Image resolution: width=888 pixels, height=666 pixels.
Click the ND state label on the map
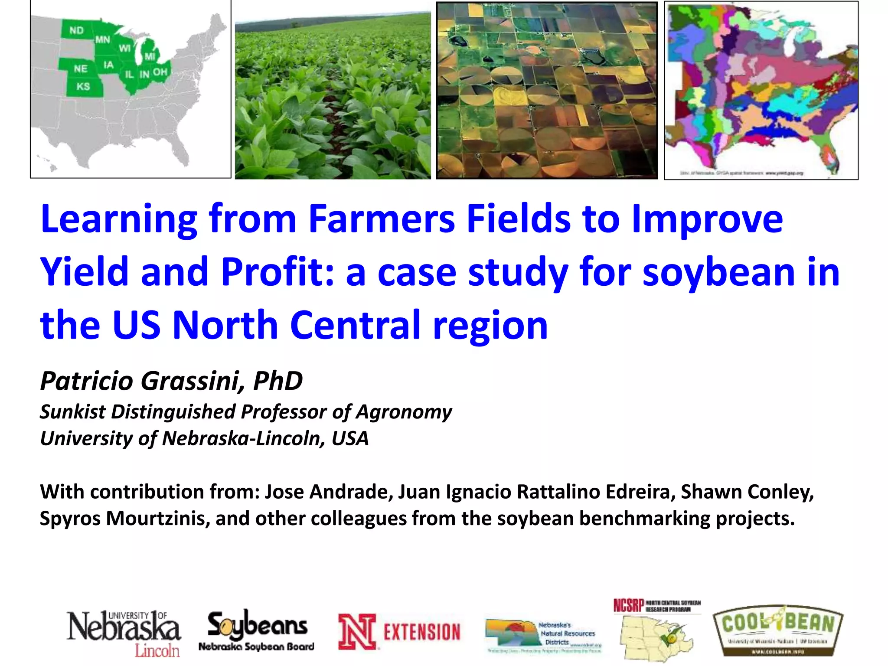coord(76,31)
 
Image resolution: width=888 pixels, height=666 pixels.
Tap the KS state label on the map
coord(83,87)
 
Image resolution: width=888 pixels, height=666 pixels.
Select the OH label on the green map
coord(160,72)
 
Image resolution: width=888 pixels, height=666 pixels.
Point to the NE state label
coord(80,69)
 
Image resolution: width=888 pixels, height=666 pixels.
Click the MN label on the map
coord(103,40)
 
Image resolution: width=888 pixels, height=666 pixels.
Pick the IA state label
coord(108,65)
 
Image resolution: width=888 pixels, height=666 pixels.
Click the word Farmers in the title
coord(382,219)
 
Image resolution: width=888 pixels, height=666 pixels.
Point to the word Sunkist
coord(72,412)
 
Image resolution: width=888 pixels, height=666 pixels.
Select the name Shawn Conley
coord(747,492)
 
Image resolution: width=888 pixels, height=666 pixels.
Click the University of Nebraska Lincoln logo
coord(124,633)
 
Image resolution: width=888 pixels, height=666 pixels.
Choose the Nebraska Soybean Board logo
coord(257,631)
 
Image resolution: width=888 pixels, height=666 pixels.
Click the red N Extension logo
coord(399,631)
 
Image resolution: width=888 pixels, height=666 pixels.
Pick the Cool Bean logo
coord(778,631)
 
